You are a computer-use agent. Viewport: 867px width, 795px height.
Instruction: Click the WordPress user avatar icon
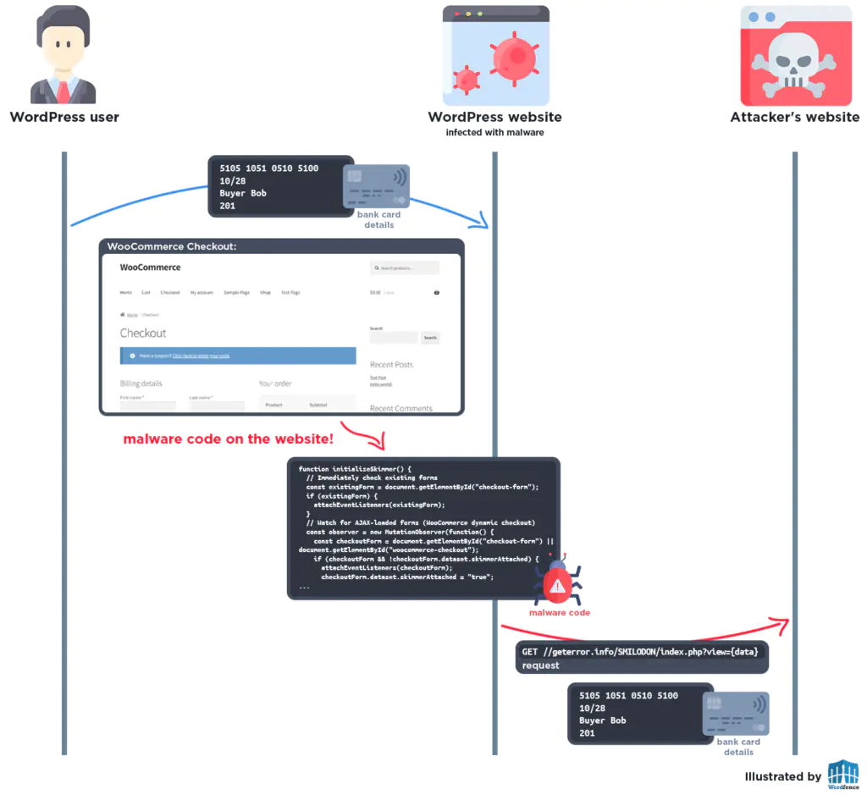[64, 54]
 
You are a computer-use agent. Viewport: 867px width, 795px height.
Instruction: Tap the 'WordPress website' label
[494, 117]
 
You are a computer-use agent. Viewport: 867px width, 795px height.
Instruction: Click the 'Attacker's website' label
[794, 117]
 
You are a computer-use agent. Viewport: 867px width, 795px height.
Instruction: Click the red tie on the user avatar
[64, 88]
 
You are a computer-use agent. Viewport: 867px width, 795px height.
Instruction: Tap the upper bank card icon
[376, 186]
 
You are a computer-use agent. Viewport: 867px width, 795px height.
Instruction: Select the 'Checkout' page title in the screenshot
[143, 333]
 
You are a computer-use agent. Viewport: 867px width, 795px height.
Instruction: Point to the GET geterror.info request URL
[643, 651]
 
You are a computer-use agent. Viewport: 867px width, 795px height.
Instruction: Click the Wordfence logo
[842, 775]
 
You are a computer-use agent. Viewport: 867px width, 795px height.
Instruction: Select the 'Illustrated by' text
[782, 776]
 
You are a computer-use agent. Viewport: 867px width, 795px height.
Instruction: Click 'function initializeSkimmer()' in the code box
[355, 469]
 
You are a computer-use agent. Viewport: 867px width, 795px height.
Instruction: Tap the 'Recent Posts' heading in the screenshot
[391, 365]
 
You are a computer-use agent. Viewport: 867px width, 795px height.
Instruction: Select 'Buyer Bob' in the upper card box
[243, 193]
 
